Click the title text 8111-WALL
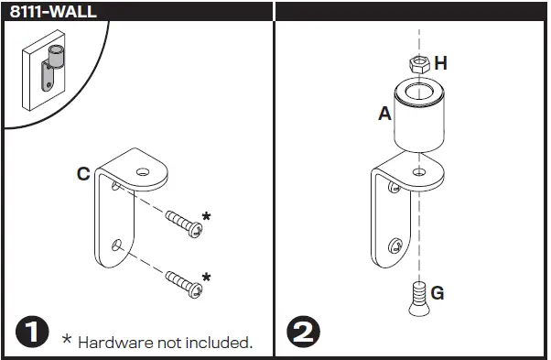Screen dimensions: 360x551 click(x=52, y=12)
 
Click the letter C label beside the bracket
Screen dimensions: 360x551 click(x=82, y=173)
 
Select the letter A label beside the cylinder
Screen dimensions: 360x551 click(x=384, y=114)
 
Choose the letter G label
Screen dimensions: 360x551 click(x=438, y=293)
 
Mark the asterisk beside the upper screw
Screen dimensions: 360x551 click(x=206, y=217)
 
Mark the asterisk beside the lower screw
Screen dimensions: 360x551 click(x=206, y=277)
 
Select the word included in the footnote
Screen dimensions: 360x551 click(x=219, y=343)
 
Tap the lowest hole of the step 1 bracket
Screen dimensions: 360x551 click(x=116, y=245)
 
